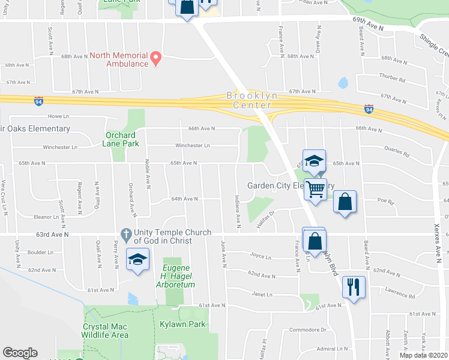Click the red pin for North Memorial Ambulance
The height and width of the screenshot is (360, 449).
(156, 59)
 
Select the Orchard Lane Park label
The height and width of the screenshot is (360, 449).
(122, 139)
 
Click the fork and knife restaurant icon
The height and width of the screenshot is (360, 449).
(353, 286)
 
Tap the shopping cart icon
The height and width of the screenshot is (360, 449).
(315, 190)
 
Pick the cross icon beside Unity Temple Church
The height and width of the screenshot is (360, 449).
(125, 233)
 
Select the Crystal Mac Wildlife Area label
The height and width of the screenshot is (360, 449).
(106, 331)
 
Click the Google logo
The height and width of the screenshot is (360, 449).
(20, 353)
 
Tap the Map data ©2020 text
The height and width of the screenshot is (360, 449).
(423, 355)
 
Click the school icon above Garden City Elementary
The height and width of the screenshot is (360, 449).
(314, 161)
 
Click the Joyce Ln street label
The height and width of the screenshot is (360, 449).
(261, 256)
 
